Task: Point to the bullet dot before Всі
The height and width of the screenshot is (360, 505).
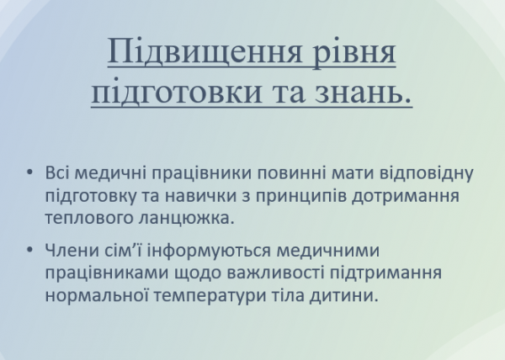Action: click(x=30, y=174)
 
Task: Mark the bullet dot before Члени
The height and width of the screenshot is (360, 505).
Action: click(x=30, y=251)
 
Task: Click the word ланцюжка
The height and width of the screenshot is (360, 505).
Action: click(x=185, y=218)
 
